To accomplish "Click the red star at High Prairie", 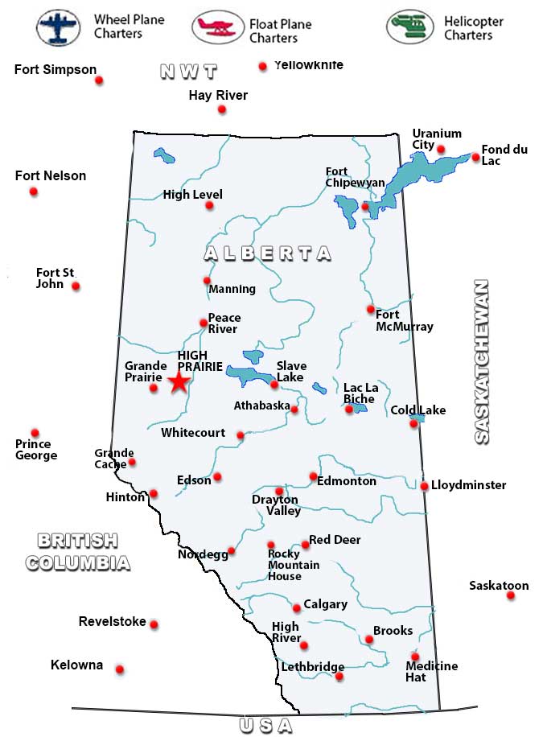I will point(179,382).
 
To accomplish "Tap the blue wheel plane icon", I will point(58,27).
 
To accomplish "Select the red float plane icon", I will point(217,27).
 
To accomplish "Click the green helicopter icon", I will point(409,27).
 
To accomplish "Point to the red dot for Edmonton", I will point(313,476).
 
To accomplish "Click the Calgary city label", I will point(326,604).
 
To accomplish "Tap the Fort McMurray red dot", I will point(371,309).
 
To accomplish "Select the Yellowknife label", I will point(308,65).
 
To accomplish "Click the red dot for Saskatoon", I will point(511,596).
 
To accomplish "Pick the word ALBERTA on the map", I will point(267,253).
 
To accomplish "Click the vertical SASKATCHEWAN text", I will point(481,361).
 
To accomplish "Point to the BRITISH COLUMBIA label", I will point(77,551).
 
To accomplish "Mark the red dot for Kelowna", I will point(120,669).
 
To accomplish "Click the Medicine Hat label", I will point(432,672).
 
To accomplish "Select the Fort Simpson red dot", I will point(99,80).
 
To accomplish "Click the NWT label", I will point(189,72).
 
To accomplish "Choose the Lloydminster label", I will point(469,485).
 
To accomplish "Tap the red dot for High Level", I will point(209,205).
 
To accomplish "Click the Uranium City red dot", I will point(441,149).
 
